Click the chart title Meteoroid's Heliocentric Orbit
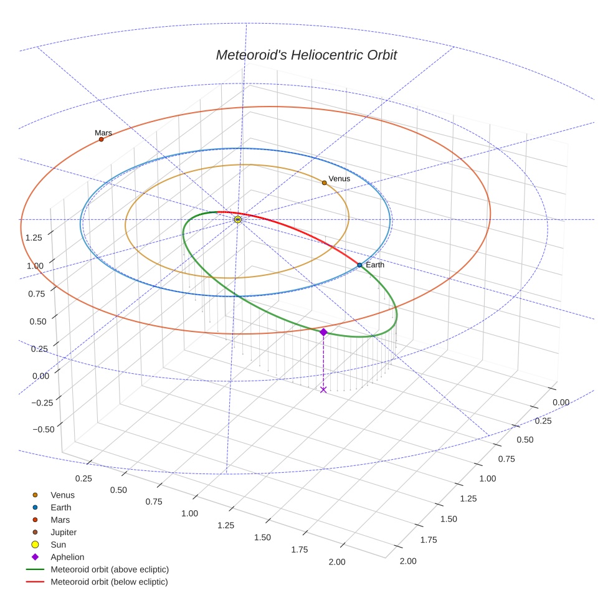coord(306,55)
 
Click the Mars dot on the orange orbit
coord(101,139)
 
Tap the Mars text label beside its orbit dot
coord(103,133)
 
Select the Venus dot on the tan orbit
coord(324,183)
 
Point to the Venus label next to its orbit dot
coord(340,179)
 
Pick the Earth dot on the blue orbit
coord(359,265)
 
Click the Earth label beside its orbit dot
coord(375,265)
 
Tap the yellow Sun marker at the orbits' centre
coord(237,219)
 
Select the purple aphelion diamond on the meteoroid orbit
coord(323,332)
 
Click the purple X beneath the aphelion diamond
coord(323,389)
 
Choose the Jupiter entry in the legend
coord(63,532)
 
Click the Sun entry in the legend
coord(58,544)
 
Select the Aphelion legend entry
coord(67,557)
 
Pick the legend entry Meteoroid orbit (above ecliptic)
coord(109,569)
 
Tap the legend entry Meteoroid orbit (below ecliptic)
coord(109,582)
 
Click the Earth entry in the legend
coord(60,507)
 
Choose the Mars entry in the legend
coord(60,520)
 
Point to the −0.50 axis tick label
coord(42,429)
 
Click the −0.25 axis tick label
coord(42,402)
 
